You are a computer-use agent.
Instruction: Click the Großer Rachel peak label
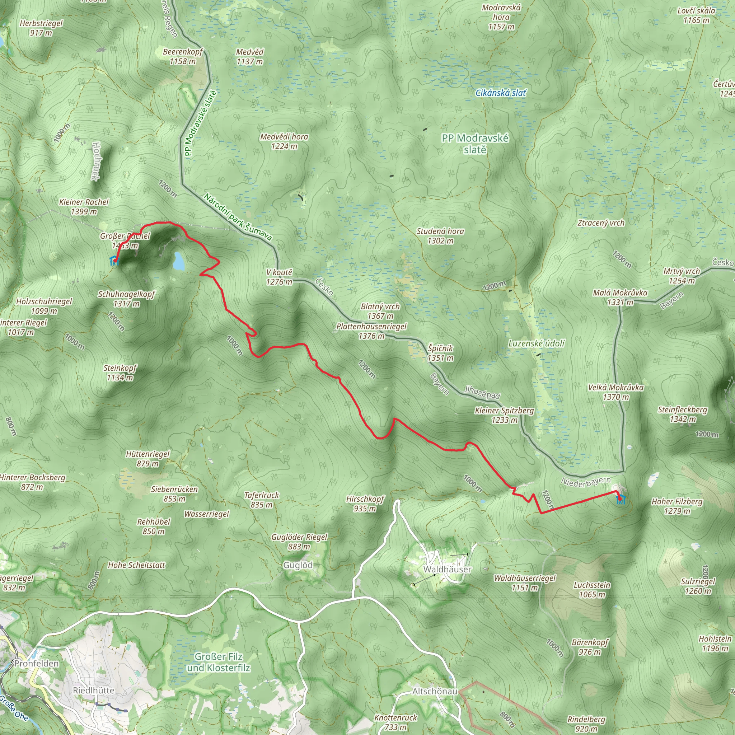[125, 241]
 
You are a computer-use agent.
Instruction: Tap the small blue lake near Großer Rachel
[178, 261]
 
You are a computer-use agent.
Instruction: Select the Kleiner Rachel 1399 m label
[84, 207]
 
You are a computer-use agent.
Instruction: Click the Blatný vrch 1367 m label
[380, 311]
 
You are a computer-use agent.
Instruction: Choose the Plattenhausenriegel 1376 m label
[371, 331]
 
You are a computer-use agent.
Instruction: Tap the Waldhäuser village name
[448, 569]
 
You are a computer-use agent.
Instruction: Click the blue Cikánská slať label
[501, 93]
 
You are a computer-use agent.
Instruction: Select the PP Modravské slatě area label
[475, 144]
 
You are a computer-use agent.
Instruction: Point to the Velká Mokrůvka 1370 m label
[615, 392]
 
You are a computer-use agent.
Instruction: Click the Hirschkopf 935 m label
[365, 504]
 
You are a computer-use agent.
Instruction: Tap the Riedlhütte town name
[94, 690]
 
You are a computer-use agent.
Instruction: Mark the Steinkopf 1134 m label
[120, 373]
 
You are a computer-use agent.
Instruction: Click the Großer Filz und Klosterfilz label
[218, 662]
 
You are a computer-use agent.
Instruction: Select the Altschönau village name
[435, 691]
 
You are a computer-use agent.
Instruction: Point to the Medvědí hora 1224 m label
[284, 141]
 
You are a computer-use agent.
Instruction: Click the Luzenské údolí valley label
[537, 343]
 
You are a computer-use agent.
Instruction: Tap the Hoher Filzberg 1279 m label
[677, 506]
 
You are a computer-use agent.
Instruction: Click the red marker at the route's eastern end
[619, 497]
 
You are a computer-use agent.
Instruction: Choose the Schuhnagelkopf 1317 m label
[126, 299]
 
